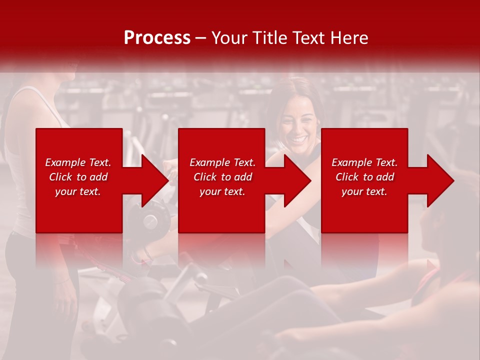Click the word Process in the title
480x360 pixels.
(157, 38)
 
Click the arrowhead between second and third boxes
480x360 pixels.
(297, 180)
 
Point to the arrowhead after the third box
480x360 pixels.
(440, 180)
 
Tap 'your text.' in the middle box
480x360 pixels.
(222, 191)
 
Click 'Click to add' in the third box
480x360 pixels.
(364, 177)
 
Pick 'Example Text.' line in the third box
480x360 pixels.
(364, 162)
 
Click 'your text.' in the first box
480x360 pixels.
(78, 191)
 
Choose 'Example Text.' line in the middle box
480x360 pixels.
(222, 162)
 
